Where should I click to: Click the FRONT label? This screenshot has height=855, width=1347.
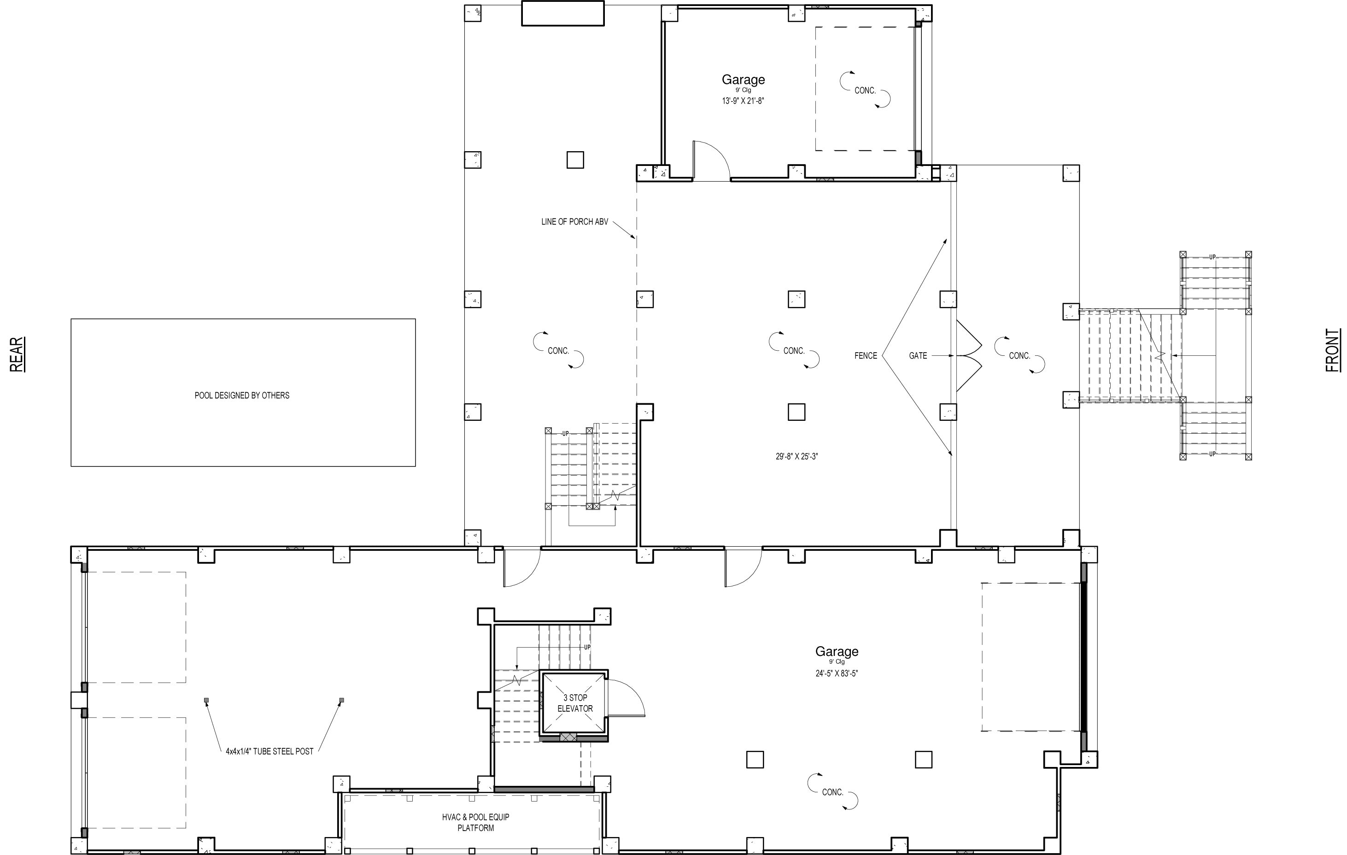[1333, 350]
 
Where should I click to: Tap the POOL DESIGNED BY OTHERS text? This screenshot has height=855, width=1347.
[242, 395]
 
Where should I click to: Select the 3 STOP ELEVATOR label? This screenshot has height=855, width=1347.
[575, 703]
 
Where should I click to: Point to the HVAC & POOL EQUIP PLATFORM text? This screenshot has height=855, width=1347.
[475, 823]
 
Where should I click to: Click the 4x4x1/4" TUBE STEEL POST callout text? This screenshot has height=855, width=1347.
[269, 751]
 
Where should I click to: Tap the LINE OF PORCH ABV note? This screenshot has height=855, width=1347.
[574, 222]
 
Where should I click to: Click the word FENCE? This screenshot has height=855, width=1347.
[866, 356]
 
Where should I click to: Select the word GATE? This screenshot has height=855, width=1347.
[918, 356]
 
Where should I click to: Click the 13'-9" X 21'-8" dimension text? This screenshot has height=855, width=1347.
[743, 101]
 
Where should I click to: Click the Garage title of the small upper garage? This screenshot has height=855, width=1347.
[743, 79]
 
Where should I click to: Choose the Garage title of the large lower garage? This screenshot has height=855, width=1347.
[837, 651]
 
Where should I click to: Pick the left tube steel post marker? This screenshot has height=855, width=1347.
[206, 700]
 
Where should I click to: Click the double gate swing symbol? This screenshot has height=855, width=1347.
[969, 356]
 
